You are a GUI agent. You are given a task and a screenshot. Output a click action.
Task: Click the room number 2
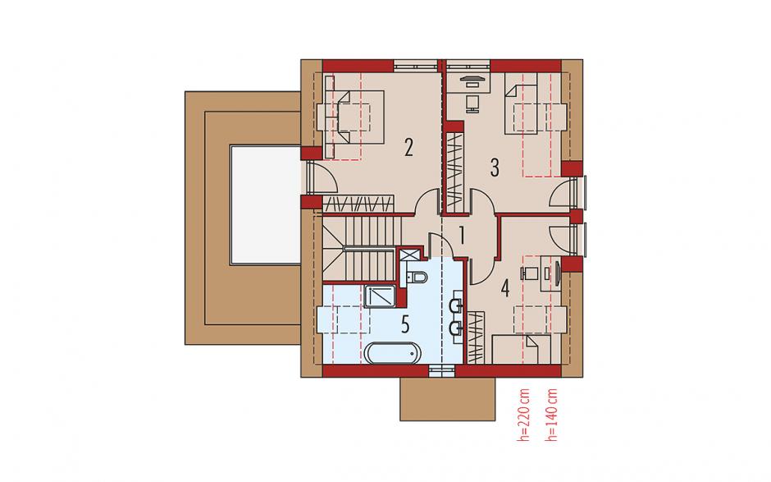point(408,148)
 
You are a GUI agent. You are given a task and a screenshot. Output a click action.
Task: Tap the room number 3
point(495,168)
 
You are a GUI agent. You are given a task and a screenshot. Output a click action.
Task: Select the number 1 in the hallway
point(461,236)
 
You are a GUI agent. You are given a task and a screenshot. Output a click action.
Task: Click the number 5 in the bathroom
point(405,325)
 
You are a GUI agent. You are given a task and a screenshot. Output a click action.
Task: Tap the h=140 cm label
point(552,415)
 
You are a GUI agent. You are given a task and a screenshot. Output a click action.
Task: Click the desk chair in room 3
point(472,103)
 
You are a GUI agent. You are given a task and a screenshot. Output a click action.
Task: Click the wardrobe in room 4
point(476,337)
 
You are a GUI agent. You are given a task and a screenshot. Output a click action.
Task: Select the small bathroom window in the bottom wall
point(442,370)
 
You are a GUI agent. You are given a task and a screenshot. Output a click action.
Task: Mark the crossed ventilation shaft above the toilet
point(409,255)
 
